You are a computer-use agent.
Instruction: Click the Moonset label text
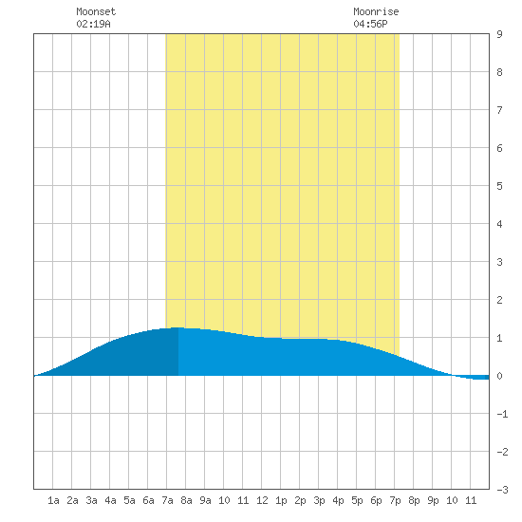tap(96, 11)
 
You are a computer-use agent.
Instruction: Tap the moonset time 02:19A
tap(94, 24)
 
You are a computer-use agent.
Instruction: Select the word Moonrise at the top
tap(376, 11)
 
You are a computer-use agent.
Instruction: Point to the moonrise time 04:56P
tap(370, 24)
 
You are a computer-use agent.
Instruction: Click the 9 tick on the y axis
tap(499, 34)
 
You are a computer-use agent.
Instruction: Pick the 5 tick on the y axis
tap(499, 186)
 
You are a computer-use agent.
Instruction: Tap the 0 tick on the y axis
tap(499, 376)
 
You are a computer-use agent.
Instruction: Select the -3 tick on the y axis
tap(502, 490)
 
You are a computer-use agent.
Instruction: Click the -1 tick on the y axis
tap(502, 414)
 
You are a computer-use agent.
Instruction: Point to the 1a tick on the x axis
tap(53, 500)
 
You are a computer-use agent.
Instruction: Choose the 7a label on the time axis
tap(167, 500)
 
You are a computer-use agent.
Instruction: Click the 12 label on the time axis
tap(262, 500)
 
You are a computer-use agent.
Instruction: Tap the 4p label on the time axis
tap(338, 500)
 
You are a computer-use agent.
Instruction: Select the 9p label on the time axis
tap(433, 500)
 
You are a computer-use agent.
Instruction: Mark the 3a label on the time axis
tap(91, 500)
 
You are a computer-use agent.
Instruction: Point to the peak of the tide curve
tap(177, 328)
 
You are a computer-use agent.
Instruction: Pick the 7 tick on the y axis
tap(499, 110)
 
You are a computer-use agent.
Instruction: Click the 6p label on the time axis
tap(376, 500)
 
